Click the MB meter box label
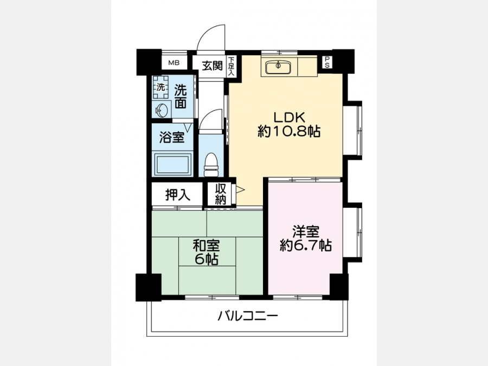pos(174,63)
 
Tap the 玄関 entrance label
pos(212,66)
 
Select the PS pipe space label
pos(327,62)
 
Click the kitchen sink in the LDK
pos(278,66)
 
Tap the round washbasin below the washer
pos(162,110)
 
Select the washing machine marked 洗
pos(160,87)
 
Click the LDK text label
pos(289,117)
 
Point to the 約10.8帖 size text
pos(289,132)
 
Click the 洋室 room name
pos(306,232)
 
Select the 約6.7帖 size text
pos(306,246)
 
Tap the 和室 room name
pos(206,246)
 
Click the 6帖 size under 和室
pos(206,259)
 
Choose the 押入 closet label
pos(177,195)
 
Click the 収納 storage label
pos(220,194)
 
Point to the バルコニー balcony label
pos(247,317)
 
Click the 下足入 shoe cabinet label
pos(231,66)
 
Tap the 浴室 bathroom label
pos(172,137)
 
